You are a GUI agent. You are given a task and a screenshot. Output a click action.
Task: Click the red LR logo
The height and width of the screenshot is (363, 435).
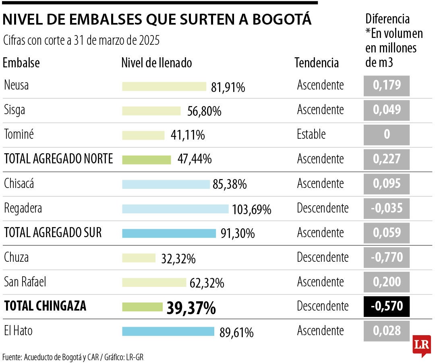coord(421,345)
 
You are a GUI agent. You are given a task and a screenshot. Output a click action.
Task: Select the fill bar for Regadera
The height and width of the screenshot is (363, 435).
coord(175,209)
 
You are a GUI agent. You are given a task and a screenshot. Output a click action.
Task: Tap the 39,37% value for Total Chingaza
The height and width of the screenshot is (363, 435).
coord(191,308)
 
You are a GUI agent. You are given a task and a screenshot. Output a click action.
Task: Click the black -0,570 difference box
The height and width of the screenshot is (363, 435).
coord(387,307)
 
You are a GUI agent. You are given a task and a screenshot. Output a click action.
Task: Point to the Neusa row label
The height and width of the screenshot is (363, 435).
coord(16,85)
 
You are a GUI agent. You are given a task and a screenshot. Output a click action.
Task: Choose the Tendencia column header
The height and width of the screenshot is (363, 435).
coord(317,63)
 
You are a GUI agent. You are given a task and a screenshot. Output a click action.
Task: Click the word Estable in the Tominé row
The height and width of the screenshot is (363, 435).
coord(311,134)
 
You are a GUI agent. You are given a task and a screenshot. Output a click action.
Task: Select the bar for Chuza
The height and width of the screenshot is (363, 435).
coord(139,258)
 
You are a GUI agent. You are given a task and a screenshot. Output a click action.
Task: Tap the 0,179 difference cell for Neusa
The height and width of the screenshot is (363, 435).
coord(387,86)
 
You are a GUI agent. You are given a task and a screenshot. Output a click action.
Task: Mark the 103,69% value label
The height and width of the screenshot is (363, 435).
coord(251,210)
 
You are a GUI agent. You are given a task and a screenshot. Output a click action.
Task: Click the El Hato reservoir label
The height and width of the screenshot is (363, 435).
coord(18,331)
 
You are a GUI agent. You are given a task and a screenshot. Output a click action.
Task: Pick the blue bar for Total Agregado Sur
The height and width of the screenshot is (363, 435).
coord(169,233)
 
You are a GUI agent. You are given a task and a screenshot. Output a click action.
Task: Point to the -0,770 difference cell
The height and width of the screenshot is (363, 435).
coord(387,257)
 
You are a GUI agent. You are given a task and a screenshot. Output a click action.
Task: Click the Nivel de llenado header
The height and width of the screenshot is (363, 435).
coord(156,63)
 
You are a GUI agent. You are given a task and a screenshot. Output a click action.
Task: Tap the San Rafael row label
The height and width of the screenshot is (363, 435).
coord(25,282)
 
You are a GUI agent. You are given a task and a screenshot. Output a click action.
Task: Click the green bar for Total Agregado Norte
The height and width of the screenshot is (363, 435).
coord(147,159)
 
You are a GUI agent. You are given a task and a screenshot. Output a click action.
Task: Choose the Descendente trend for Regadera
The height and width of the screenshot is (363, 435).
coord(323,208)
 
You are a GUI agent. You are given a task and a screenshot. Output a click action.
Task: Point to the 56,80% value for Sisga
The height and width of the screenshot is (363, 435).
coord(204,111)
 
